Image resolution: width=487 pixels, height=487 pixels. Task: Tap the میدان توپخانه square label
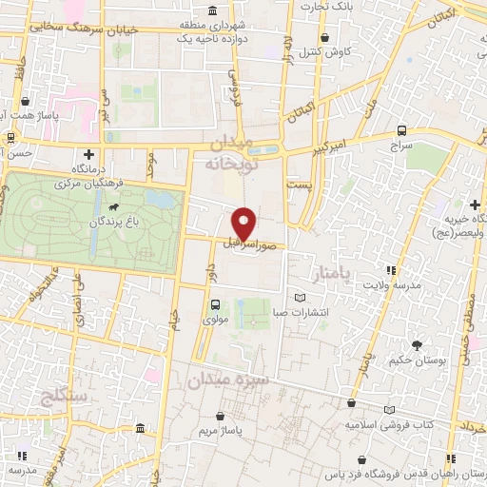pos(232,152)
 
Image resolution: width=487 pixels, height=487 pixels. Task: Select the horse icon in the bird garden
pos(114,206)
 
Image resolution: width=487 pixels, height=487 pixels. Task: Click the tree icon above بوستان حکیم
pos(416,345)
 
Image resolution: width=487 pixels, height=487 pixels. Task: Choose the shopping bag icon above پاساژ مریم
pos(223,416)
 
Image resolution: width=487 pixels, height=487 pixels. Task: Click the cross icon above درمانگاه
pos(88,153)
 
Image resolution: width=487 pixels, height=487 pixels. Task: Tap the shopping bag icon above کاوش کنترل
pos(326,38)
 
